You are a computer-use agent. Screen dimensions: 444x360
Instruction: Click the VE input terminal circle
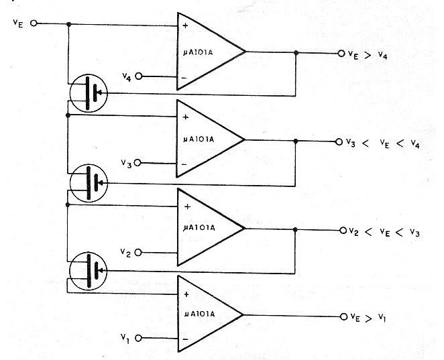[x=34, y=23]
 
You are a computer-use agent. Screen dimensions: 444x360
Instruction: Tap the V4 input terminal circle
[x=138, y=76]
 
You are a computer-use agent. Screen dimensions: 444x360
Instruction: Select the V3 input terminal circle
[x=137, y=163]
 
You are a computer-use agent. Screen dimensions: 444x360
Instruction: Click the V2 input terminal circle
[x=138, y=253]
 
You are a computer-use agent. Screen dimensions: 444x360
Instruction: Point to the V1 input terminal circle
[x=138, y=338]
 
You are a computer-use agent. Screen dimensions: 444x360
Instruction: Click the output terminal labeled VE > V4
[x=341, y=53]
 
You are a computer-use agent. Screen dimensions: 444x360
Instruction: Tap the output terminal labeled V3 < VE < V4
[x=339, y=142]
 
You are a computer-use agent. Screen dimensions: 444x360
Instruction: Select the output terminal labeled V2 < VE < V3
[x=343, y=231]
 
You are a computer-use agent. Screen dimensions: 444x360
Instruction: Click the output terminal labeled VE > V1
[x=344, y=316]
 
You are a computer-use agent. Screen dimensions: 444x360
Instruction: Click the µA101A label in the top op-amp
[x=198, y=53]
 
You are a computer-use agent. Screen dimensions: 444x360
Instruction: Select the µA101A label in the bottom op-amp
[x=200, y=314]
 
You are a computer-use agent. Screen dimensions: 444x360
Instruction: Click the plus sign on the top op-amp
[x=185, y=25]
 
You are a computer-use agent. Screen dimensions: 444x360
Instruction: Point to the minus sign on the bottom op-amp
[x=186, y=339]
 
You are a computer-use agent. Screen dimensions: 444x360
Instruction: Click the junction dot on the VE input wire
[x=68, y=24]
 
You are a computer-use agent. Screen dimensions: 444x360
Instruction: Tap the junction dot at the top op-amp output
[x=296, y=53]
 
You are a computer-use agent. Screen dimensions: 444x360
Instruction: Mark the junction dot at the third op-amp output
[x=295, y=229]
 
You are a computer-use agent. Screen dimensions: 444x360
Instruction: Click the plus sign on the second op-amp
[x=186, y=117]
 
